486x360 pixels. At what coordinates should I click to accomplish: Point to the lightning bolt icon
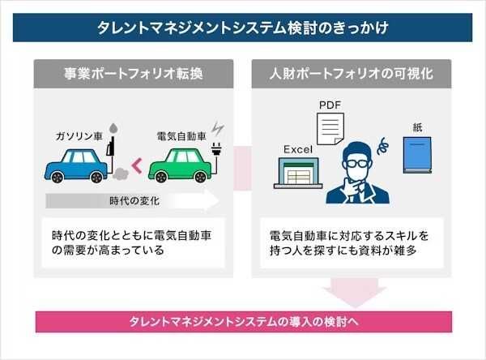pyautogui.click(x=217, y=130)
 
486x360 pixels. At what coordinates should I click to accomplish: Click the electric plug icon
pyautogui.click(x=216, y=153)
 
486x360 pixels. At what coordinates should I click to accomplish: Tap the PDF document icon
pyautogui.click(x=328, y=131)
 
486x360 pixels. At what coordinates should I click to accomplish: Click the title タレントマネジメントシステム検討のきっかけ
pyautogui.click(x=243, y=28)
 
